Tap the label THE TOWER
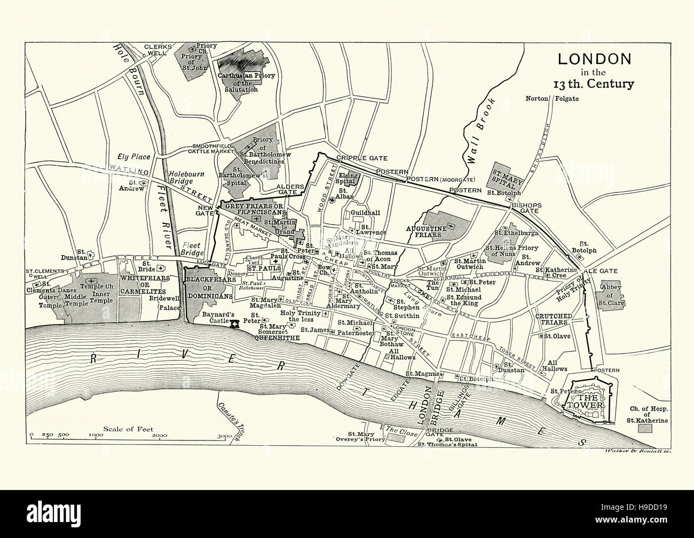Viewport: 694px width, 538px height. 591,400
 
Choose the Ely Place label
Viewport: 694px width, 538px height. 134,157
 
